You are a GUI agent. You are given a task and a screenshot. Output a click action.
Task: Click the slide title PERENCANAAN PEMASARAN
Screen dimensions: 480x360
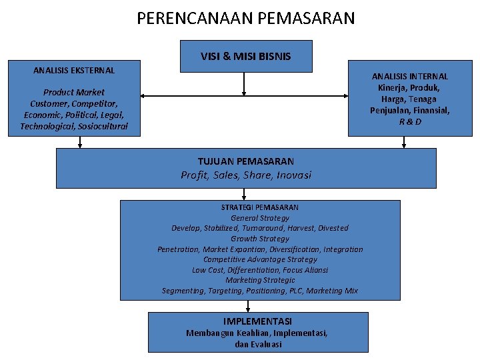click(x=246, y=18)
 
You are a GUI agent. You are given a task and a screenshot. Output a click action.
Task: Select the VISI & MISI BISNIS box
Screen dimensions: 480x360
click(x=245, y=56)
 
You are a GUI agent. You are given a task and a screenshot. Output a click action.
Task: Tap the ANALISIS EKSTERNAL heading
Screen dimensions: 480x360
click(x=74, y=70)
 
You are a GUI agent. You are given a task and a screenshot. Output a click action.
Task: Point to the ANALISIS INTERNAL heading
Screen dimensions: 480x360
click(x=410, y=77)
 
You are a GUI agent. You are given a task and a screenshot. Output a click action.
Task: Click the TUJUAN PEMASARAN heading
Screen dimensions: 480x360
click(x=245, y=161)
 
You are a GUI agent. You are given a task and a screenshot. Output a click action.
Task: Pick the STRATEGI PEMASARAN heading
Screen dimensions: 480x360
click(x=260, y=207)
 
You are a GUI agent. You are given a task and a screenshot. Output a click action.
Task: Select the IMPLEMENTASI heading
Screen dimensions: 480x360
click(x=257, y=321)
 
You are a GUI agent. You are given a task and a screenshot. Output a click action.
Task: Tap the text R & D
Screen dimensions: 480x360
click(x=410, y=122)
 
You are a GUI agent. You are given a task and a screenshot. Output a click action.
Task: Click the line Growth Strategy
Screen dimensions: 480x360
click(x=260, y=239)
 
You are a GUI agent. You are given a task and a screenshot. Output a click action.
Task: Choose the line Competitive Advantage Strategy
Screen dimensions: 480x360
click(x=260, y=259)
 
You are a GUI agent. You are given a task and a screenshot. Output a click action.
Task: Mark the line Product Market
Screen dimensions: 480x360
click(x=74, y=92)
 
